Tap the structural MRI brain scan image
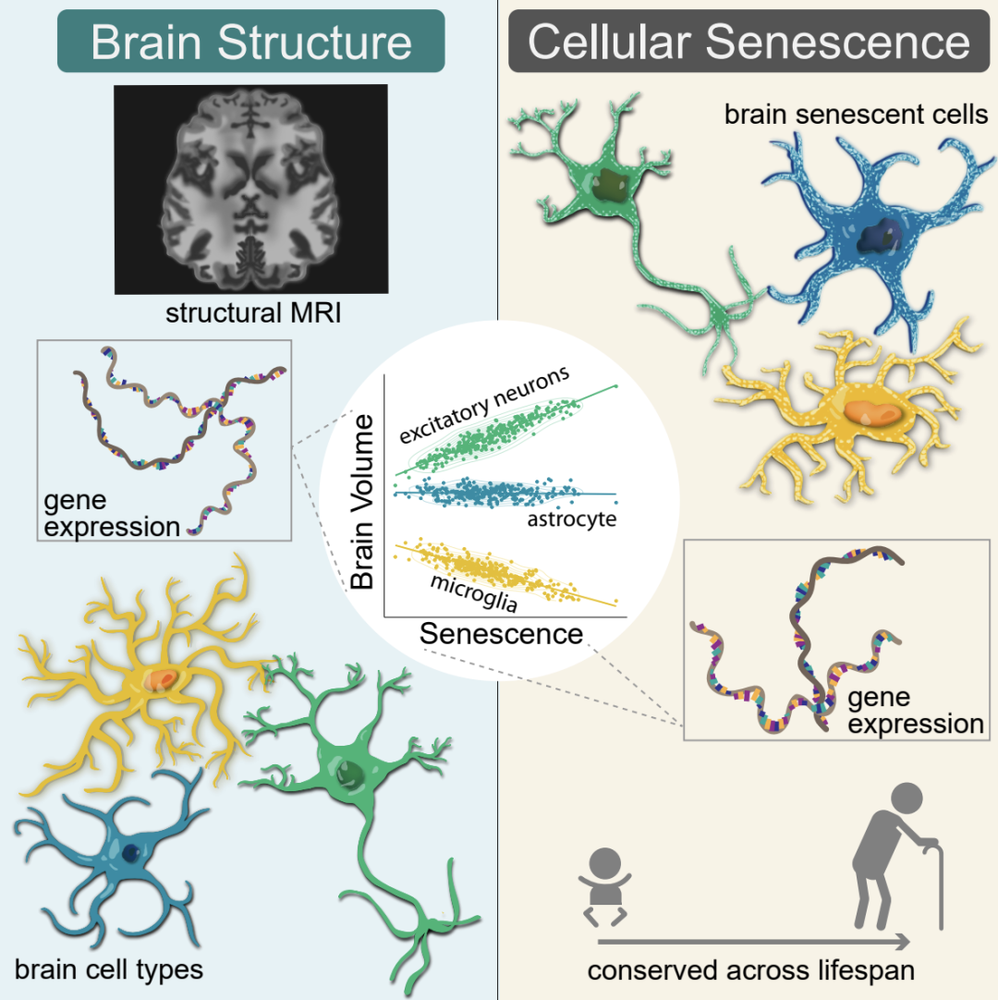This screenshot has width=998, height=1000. [251, 189]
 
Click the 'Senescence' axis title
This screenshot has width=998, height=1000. [501, 634]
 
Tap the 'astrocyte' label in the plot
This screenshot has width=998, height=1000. [571, 519]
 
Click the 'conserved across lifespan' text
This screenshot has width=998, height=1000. [747, 971]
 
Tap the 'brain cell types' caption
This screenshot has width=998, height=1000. [109, 970]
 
